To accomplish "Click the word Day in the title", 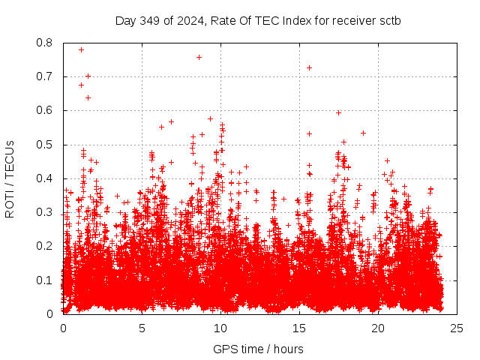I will [x=125, y=20].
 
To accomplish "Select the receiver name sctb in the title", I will [x=388, y=20].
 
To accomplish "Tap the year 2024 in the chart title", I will [x=192, y=20].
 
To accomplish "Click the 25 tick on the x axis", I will [x=457, y=328].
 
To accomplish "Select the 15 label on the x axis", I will [x=299, y=328].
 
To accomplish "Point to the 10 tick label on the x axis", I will [x=220, y=328].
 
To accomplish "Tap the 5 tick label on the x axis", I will [x=142, y=328].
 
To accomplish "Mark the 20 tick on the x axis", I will [x=378, y=328].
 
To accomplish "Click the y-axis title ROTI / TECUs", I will [x=10, y=178].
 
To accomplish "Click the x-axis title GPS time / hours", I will [x=259, y=349].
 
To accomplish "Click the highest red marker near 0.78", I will [x=81, y=49].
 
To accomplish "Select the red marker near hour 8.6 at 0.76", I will [x=199, y=57].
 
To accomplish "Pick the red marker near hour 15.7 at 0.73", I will [x=309, y=67].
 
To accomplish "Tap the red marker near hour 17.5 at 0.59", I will [x=338, y=112].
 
